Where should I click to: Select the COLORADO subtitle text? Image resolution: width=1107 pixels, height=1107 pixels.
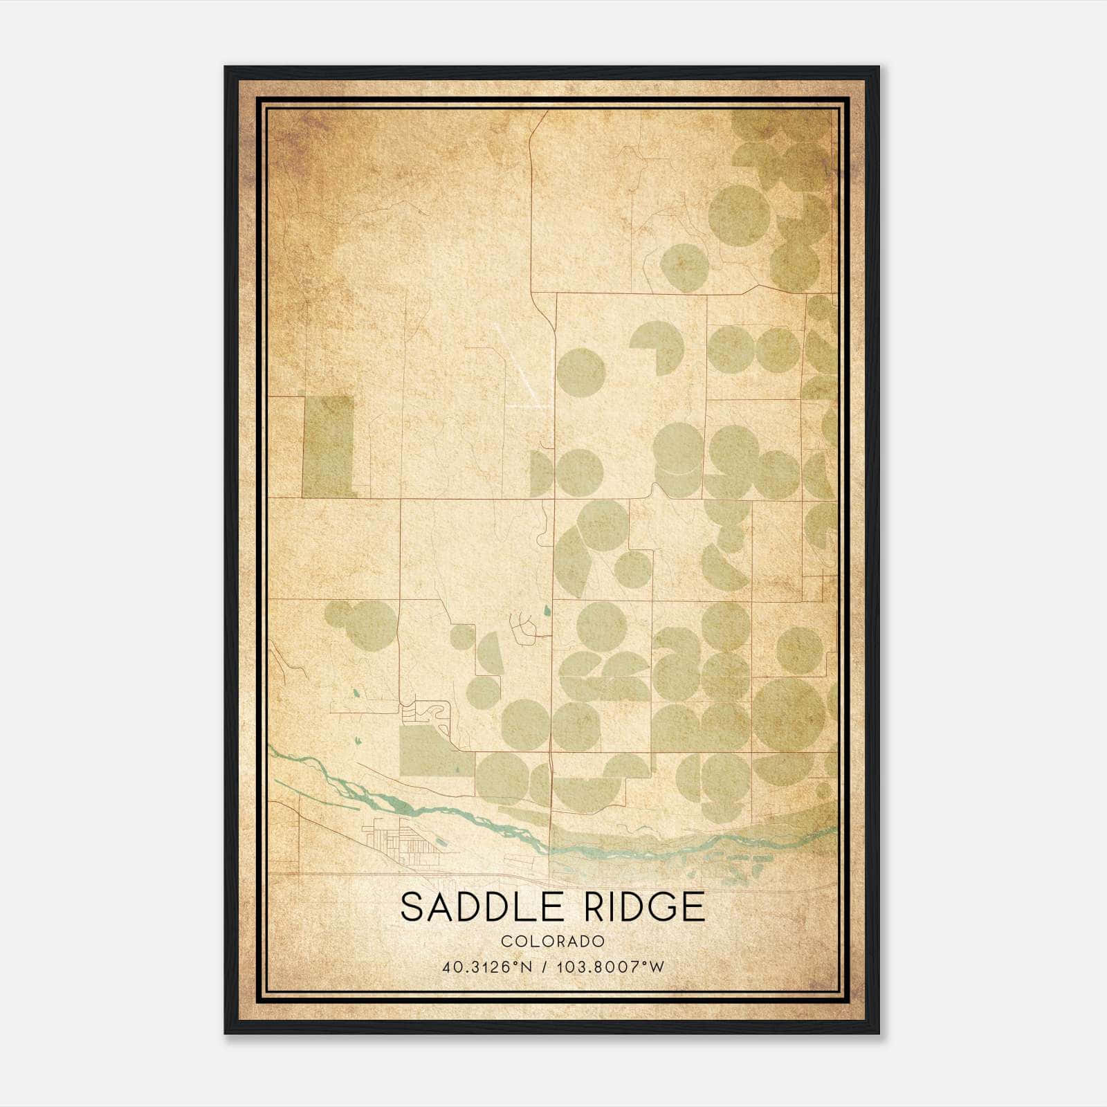tap(553, 942)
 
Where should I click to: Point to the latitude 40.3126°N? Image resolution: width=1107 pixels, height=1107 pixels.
tap(488, 967)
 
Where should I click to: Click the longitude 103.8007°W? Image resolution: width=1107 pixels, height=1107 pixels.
tap(613, 967)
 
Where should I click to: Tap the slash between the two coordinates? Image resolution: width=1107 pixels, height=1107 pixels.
tap(549, 967)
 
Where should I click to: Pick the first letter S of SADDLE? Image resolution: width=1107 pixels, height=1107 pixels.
tap(414, 907)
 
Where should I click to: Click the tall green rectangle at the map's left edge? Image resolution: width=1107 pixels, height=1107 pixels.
tap(329, 446)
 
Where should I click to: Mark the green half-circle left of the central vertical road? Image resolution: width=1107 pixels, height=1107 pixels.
tap(542, 473)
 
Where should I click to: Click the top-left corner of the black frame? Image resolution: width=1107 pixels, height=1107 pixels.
tap(226, 68)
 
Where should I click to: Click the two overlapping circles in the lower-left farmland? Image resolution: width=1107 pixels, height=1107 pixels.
tap(363, 619)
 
